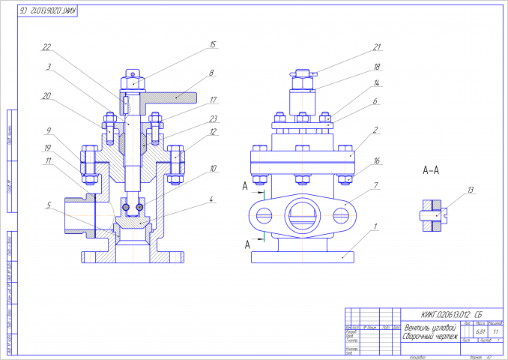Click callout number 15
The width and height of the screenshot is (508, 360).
213,45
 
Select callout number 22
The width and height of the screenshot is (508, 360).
46,47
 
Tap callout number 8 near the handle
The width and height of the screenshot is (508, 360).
212,73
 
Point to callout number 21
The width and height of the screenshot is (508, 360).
378,46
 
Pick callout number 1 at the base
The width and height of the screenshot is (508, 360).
378,226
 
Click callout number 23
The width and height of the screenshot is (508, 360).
213,118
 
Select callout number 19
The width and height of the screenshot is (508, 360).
46,148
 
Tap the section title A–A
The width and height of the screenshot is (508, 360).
431,171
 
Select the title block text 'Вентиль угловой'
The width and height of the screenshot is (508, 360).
429,328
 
